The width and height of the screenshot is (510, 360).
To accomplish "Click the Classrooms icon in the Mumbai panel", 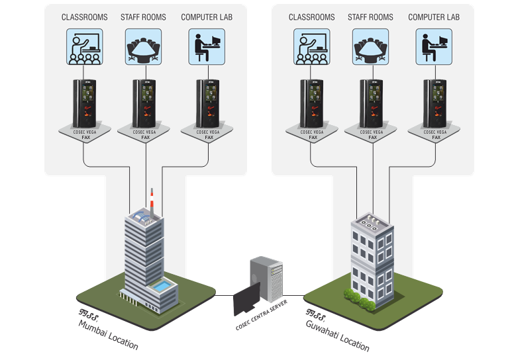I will pyautogui.click(x=84, y=46).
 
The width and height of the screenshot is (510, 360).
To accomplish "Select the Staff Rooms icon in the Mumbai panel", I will pyautogui.click(x=143, y=46).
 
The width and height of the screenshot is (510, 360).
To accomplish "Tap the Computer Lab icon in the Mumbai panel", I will pyautogui.click(x=207, y=46).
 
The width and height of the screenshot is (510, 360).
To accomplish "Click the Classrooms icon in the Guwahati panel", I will pyautogui.click(x=311, y=46).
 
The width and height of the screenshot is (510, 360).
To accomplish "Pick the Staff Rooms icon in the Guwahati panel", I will pyautogui.click(x=370, y=46).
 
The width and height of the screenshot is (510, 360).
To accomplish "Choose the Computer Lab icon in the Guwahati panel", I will pyautogui.click(x=434, y=46).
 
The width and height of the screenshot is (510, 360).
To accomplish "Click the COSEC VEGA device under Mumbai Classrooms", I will pyautogui.click(x=84, y=103).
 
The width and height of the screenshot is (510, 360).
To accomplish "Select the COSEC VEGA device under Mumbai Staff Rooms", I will pyautogui.click(x=144, y=103).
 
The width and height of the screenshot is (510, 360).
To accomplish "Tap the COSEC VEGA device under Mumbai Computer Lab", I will pyautogui.click(x=207, y=103).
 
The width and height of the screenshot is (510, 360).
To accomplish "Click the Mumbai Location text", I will pyautogui.click(x=108, y=334).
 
